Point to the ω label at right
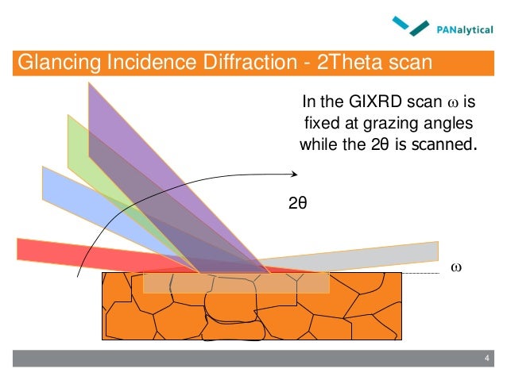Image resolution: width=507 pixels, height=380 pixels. pos(455,267)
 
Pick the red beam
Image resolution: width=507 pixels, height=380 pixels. pos(48,248)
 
